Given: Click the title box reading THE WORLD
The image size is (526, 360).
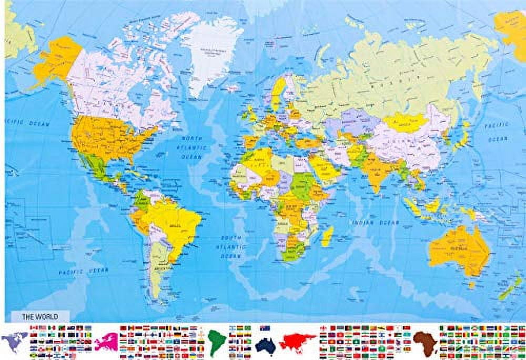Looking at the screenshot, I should (x=39, y=316).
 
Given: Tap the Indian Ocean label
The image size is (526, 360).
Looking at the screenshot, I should (x=376, y=222).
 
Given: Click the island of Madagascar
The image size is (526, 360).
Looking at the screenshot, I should (x=327, y=236).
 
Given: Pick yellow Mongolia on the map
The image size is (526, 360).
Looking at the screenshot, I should (x=406, y=122).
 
